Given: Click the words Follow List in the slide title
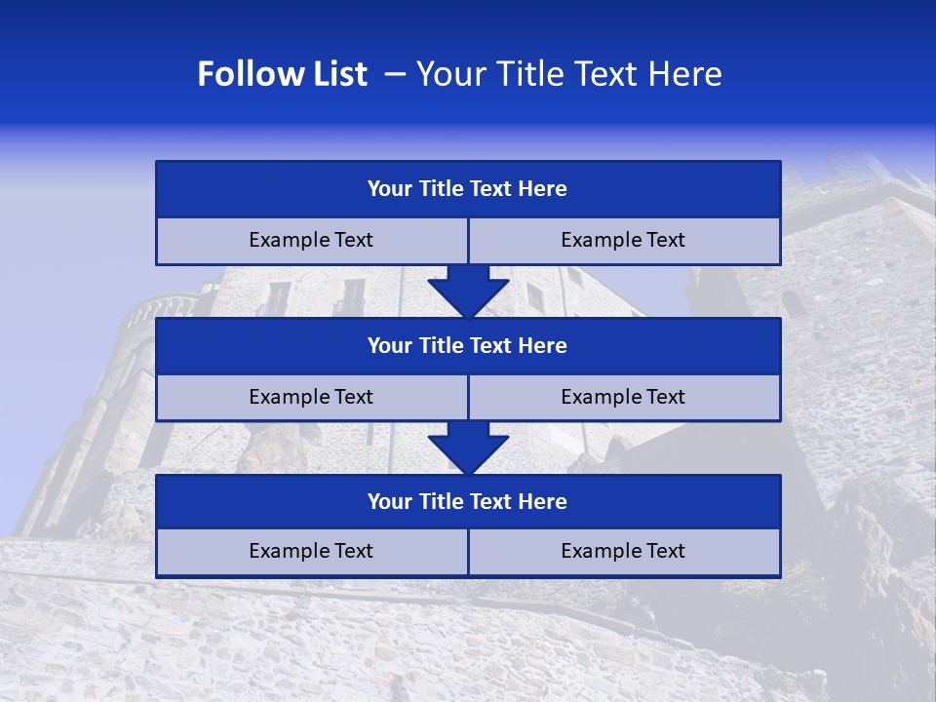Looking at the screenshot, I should click(282, 74).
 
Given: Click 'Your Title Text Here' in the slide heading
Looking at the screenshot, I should click(568, 74).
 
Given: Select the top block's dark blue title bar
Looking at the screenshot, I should click(468, 189).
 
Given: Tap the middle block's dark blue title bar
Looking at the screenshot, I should click(468, 346).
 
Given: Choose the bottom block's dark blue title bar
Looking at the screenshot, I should click(468, 502).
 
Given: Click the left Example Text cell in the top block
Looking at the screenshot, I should click(312, 241).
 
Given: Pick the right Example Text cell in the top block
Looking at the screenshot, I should click(624, 241).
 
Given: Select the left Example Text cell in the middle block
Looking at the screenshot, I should click(312, 398).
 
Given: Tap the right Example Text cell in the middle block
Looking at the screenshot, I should click(624, 398).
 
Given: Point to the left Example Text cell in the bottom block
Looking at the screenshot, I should click(312, 552).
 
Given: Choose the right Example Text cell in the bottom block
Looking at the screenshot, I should click(624, 552).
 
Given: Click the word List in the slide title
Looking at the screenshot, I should click(336, 74).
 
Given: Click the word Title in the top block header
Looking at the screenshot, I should click(442, 189).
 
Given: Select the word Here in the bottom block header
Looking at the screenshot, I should click(543, 502).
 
